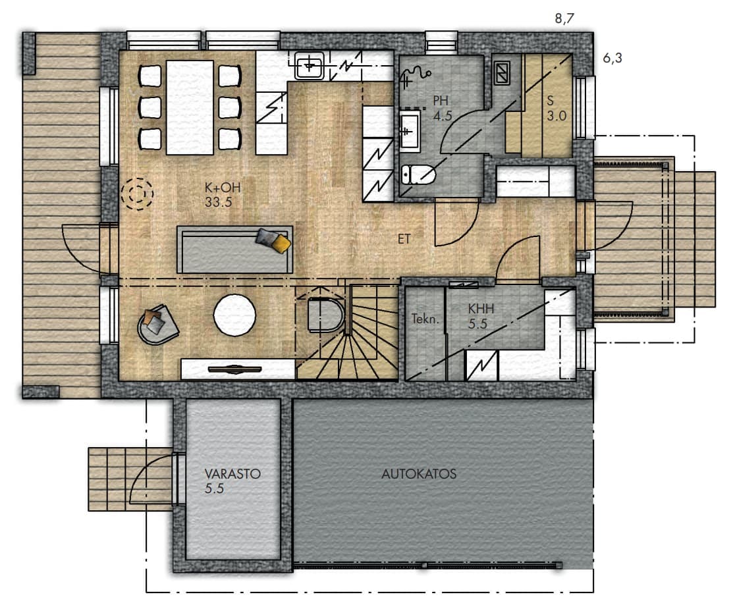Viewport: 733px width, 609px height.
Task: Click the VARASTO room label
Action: pyautogui.click(x=232, y=473)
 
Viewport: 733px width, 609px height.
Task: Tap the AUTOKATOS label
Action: pyautogui.click(x=419, y=474)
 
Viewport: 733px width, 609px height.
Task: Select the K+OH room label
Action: pyautogui.click(x=223, y=188)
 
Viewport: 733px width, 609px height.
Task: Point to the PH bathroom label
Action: pyautogui.click(x=441, y=101)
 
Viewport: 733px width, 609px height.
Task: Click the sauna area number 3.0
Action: pyautogui.click(x=557, y=115)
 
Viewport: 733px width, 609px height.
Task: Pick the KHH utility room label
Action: pyautogui.click(x=481, y=309)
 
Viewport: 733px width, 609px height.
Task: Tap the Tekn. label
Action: pyautogui.click(x=425, y=319)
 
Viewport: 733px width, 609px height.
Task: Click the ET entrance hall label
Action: pyautogui.click(x=404, y=239)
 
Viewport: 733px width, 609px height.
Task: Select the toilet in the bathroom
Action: pyautogui.click(x=419, y=175)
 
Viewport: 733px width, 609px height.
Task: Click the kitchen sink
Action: pyautogui.click(x=309, y=65)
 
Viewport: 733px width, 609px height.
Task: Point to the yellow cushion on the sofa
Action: pyautogui.click(x=282, y=243)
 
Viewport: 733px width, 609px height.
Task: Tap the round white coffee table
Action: pyautogui.click(x=234, y=315)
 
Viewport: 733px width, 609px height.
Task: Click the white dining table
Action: pyautogui.click(x=190, y=107)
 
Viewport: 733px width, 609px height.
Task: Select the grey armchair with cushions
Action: pyautogui.click(x=157, y=325)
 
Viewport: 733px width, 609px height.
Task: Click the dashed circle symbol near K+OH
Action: pyautogui.click(x=137, y=194)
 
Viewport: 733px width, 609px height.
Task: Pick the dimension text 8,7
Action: pyautogui.click(x=564, y=18)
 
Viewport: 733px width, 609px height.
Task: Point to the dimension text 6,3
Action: pyautogui.click(x=612, y=58)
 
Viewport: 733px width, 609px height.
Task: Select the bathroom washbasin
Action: pyautogui.click(x=410, y=132)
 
